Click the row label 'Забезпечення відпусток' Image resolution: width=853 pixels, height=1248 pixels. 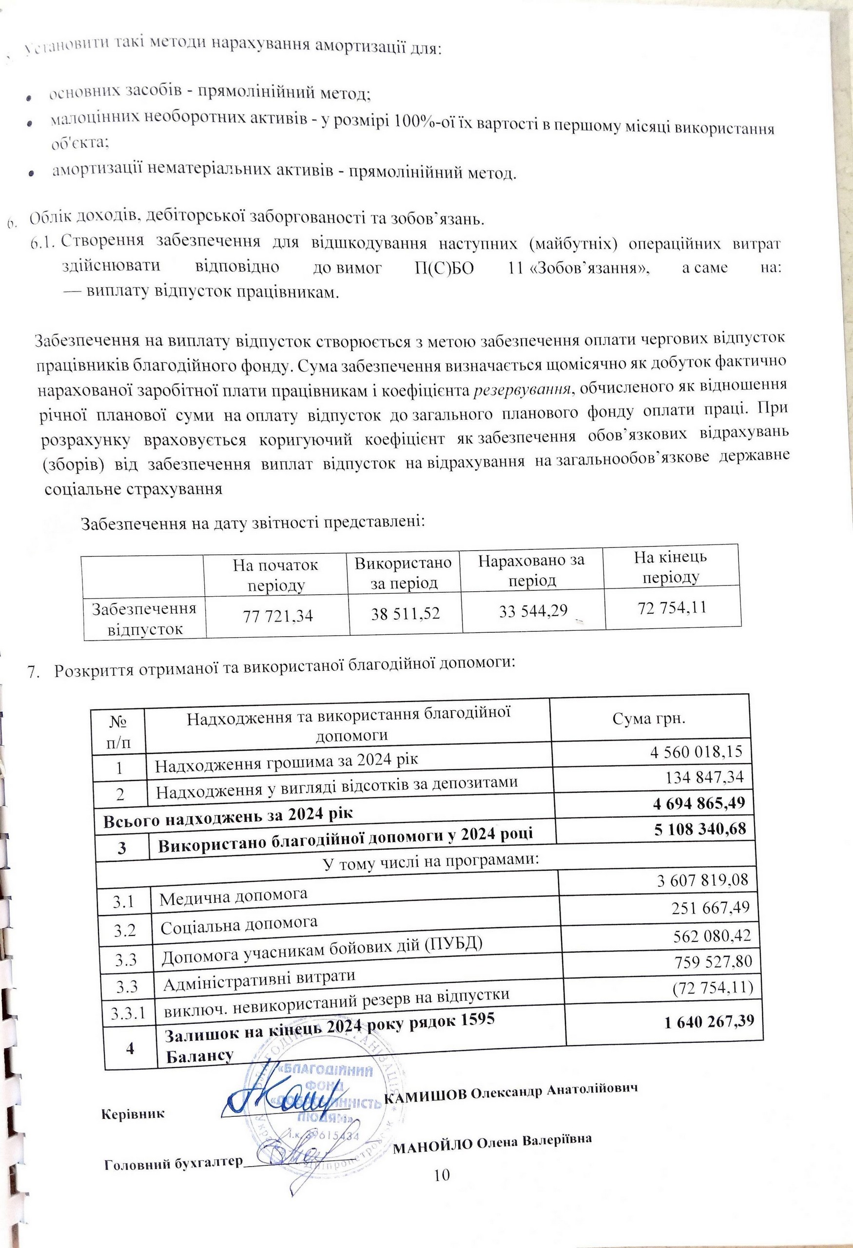[143, 618]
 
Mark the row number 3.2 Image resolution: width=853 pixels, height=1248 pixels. [125, 929]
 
